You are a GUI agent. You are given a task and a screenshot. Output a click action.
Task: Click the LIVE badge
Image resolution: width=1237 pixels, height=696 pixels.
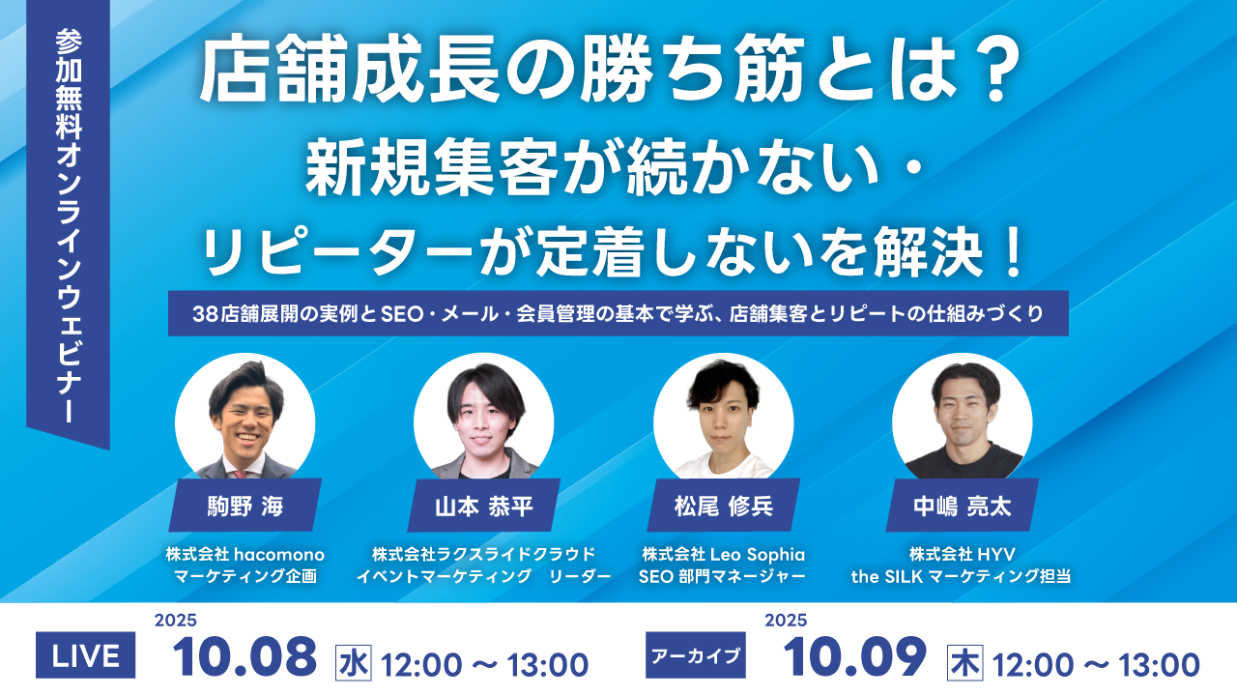86,655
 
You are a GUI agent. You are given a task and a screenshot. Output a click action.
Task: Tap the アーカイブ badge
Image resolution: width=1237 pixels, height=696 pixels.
696,655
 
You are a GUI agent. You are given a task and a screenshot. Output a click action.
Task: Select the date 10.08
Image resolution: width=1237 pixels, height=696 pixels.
245,656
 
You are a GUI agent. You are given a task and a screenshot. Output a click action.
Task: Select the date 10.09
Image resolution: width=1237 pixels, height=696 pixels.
855,656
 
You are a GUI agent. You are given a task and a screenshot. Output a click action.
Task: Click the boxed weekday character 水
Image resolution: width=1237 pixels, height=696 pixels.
354,663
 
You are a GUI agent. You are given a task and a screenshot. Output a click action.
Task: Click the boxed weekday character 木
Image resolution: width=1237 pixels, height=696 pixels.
964,663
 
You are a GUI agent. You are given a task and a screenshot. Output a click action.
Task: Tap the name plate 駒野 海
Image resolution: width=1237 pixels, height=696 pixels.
245,506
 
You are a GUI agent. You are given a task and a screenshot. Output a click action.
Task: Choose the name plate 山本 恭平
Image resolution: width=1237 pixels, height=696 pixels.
484,506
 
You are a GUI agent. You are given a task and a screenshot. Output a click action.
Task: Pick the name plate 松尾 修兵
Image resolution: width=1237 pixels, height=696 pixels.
724,506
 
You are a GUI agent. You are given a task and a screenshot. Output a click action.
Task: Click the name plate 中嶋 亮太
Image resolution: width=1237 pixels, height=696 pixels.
962,506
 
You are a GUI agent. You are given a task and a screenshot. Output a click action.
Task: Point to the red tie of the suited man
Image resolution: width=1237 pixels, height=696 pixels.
240,474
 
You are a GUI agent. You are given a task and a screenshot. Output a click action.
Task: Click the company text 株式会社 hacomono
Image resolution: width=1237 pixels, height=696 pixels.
245,554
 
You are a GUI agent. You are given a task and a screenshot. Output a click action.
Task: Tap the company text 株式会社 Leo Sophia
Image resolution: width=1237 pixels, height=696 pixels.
724,554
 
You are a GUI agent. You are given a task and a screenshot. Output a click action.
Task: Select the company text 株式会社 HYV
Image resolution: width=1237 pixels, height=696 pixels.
962,554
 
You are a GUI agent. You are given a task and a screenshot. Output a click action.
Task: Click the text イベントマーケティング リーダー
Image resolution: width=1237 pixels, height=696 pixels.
484,577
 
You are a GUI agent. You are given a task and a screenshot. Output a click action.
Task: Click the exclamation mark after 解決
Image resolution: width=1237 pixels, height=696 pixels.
1014,253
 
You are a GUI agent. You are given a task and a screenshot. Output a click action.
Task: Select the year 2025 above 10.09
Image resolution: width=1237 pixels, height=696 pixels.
786,621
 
